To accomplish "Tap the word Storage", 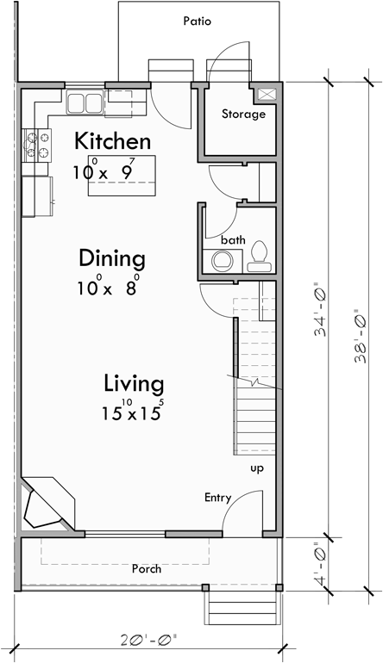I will click(243, 115).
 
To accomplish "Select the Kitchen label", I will click(112, 141).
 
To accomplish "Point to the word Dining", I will click(111, 257).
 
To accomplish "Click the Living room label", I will click(135, 382).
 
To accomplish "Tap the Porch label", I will click(146, 569).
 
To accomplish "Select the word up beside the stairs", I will click(256, 468).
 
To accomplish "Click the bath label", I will click(232, 239).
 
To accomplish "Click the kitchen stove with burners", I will click(38, 145).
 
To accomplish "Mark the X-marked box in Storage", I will click(265, 94).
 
